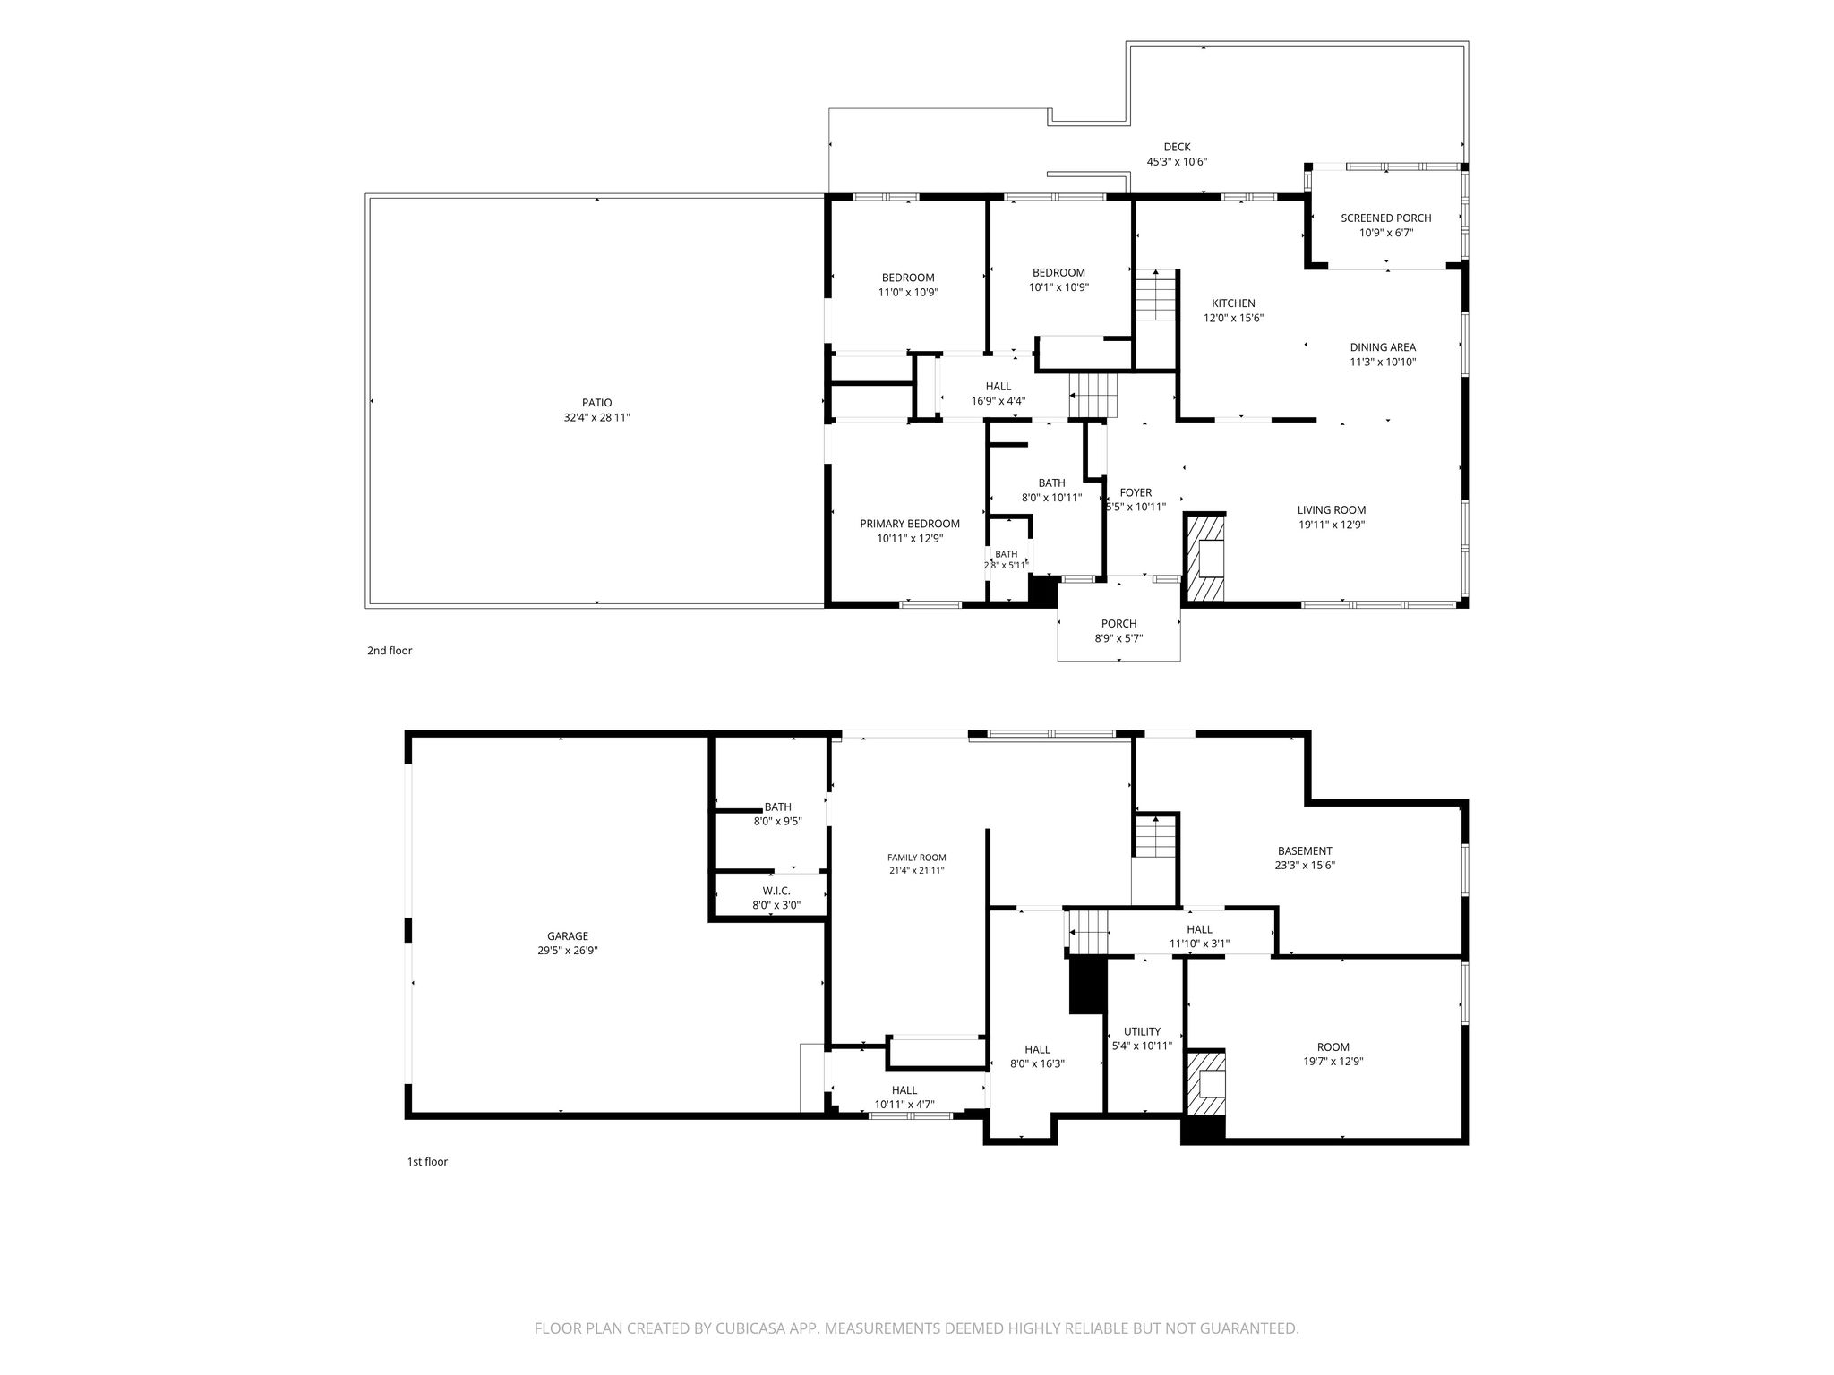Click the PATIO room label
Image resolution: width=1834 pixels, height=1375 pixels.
click(x=596, y=403)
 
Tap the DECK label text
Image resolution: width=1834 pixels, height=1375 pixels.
click(x=1177, y=147)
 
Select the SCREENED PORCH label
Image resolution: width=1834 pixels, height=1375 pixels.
click(x=1385, y=218)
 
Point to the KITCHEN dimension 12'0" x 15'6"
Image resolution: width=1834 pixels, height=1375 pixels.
click(x=1233, y=318)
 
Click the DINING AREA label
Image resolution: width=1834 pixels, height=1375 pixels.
click(x=1383, y=347)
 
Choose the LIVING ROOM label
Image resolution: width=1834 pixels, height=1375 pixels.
click(x=1332, y=510)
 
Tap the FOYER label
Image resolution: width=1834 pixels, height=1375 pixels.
click(x=1136, y=492)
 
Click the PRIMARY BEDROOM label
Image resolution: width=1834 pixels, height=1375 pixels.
click(x=910, y=524)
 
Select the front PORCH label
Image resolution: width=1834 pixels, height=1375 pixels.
click(x=1118, y=624)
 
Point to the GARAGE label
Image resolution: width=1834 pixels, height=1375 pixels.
click(x=569, y=936)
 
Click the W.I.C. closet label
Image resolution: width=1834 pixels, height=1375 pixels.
click(x=776, y=891)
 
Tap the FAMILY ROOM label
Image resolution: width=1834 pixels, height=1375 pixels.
click(x=916, y=858)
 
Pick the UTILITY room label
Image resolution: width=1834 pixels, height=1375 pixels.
click(x=1142, y=1031)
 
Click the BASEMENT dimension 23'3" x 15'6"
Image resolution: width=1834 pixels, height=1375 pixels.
click(x=1305, y=866)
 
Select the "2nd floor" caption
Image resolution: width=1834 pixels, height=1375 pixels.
click(x=390, y=651)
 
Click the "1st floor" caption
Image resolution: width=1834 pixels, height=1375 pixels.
click(x=427, y=1162)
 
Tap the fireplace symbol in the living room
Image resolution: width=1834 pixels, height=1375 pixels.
click(x=1204, y=557)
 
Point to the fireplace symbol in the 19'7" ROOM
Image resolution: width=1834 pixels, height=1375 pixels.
click(x=1204, y=1083)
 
